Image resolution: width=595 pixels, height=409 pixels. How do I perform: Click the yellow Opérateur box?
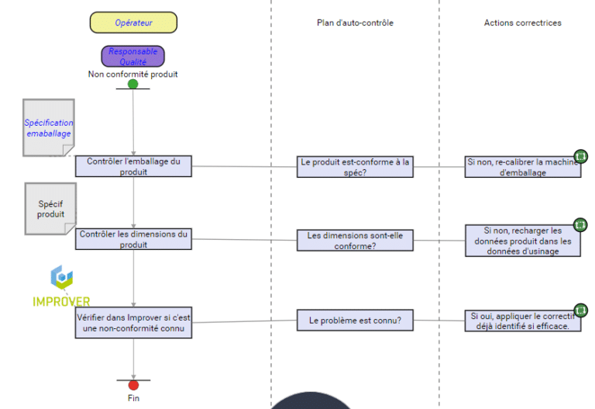[133, 23]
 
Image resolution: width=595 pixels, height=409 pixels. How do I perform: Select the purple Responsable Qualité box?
[132, 56]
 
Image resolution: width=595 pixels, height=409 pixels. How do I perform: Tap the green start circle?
[133, 84]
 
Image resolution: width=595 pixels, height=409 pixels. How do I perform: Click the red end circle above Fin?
[133, 384]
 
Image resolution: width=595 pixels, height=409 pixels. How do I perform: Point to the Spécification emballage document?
[48, 127]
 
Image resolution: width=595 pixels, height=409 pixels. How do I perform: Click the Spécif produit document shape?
[51, 208]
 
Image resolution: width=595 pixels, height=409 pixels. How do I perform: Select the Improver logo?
[61, 287]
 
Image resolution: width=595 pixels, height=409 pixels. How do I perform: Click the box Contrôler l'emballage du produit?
[133, 167]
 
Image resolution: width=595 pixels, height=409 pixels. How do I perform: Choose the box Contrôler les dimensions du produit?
[133, 239]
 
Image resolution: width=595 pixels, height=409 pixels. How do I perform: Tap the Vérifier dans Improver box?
[133, 323]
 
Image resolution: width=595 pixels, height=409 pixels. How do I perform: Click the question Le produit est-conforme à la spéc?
[355, 167]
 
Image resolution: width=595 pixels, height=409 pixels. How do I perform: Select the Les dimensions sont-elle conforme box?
[355, 241]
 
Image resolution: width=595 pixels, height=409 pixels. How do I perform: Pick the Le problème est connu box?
[355, 320]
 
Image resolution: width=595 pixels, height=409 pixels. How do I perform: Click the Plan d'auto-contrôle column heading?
[355, 23]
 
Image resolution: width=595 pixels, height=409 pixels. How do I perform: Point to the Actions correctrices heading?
[522, 23]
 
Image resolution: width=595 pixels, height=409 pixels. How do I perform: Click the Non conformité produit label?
[133, 75]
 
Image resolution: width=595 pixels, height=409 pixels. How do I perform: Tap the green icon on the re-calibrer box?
[580, 156]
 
